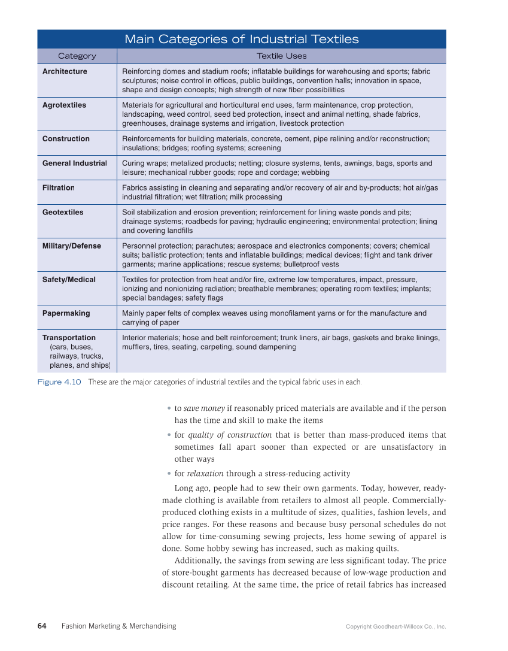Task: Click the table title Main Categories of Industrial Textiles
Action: [x=241, y=40]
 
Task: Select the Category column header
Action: [x=77, y=56]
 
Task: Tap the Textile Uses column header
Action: [x=281, y=56]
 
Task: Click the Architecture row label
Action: [x=65, y=72]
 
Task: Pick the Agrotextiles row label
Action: [x=64, y=105]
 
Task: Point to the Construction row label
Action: [x=66, y=139]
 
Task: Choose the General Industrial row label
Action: [x=74, y=163]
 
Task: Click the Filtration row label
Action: [x=59, y=188]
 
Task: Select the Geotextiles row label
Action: [x=63, y=213]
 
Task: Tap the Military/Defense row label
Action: [x=72, y=246]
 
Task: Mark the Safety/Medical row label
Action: [x=69, y=280]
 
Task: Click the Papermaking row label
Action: [x=66, y=313]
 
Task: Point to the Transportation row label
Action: [x=69, y=338]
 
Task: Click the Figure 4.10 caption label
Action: [x=59, y=382]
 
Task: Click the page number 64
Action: [x=42, y=626]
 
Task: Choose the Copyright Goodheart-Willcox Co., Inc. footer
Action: [x=396, y=627]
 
